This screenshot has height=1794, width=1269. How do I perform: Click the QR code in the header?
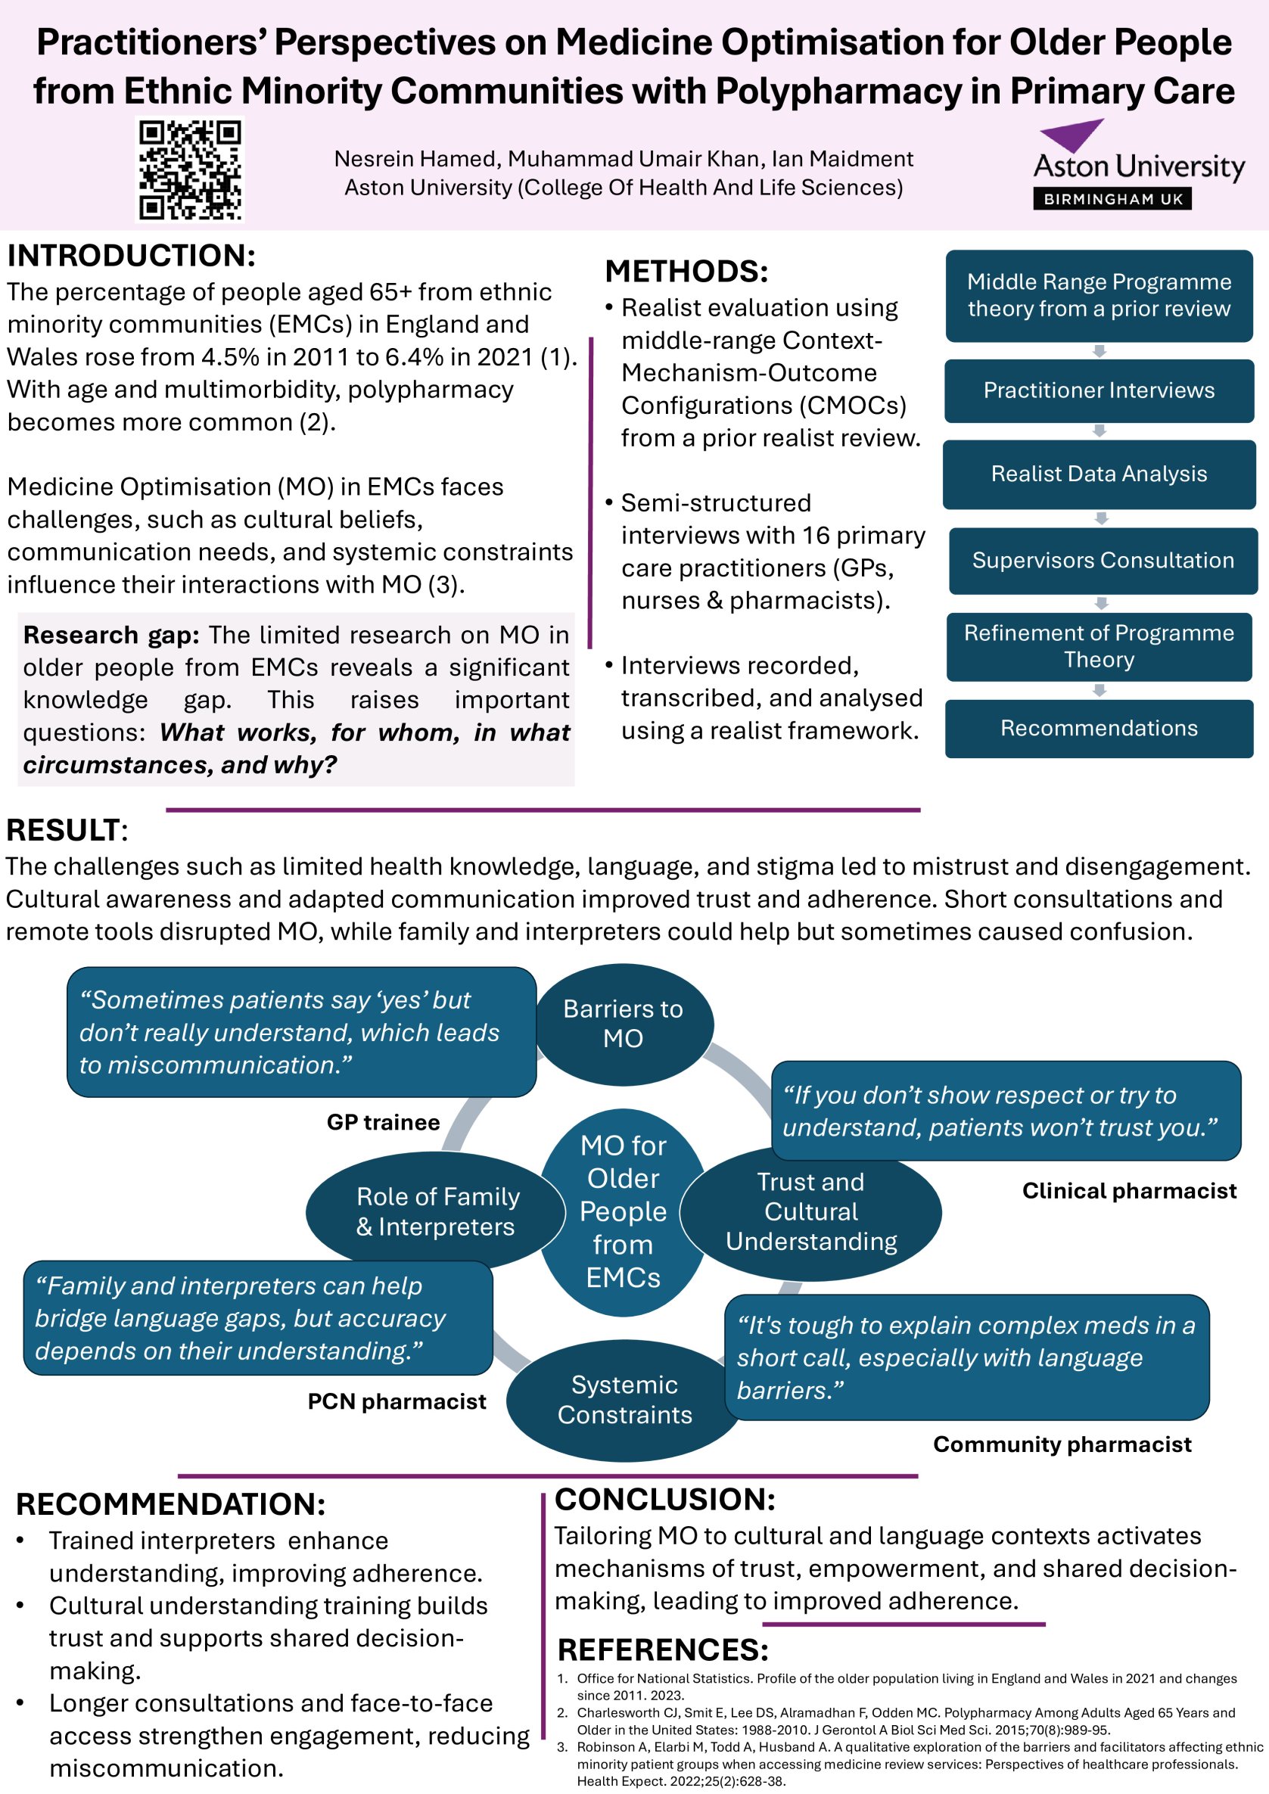(x=190, y=169)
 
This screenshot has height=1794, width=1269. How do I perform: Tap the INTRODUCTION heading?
(x=131, y=256)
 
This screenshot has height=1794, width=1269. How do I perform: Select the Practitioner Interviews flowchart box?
(x=1099, y=390)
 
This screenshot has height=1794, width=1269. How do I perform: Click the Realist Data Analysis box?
(x=1099, y=474)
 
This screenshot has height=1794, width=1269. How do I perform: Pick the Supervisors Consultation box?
(x=1103, y=560)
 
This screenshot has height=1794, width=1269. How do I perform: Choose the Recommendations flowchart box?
(x=1099, y=728)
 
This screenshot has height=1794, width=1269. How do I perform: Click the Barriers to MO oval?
(x=623, y=1024)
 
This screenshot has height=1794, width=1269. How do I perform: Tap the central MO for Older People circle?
(x=623, y=1212)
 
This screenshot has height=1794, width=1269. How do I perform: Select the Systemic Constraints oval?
(x=624, y=1400)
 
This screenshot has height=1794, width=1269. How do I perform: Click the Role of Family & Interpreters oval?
(x=435, y=1211)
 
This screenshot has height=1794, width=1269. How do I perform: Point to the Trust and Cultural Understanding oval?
(x=811, y=1212)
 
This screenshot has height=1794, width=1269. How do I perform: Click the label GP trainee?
(x=383, y=1122)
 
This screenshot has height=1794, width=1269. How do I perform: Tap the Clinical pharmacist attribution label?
(x=1129, y=1191)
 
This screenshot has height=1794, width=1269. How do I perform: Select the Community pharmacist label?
(x=1062, y=1444)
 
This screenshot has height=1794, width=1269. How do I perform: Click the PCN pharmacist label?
(x=397, y=1401)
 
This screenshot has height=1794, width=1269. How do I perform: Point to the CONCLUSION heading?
(x=664, y=1499)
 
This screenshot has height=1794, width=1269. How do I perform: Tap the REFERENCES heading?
(x=663, y=1649)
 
